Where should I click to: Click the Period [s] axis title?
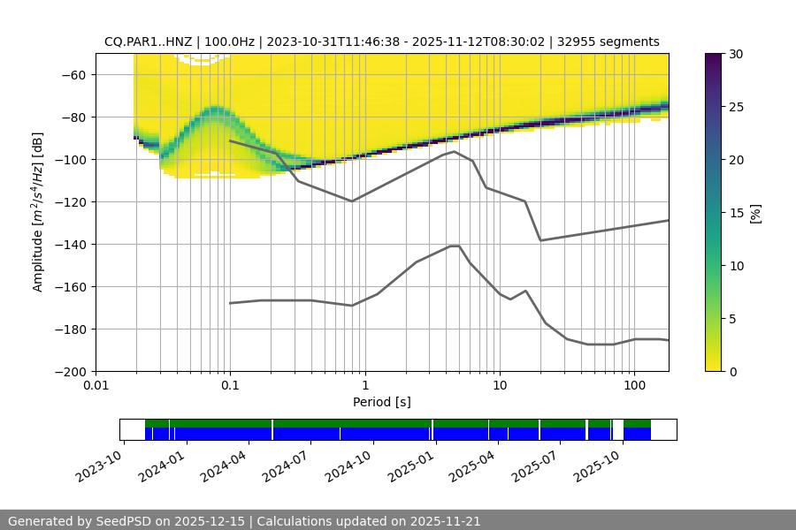click(x=381, y=402)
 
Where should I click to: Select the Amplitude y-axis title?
click(x=38, y=212)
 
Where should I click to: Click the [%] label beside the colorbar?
click(x=754, y=212)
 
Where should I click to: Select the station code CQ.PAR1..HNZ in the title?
click(x=146, y=42)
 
